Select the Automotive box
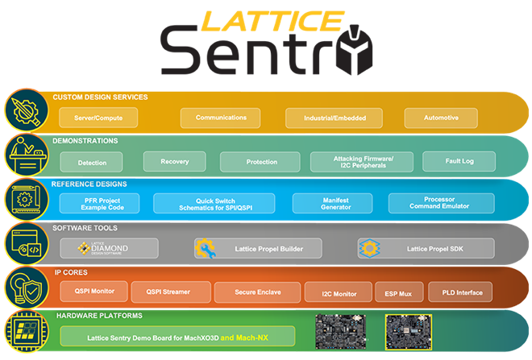point(441,118)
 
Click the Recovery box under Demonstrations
point(175,162)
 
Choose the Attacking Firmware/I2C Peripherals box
point(364,162)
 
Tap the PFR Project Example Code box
point(99,203)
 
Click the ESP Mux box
point(397,291)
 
